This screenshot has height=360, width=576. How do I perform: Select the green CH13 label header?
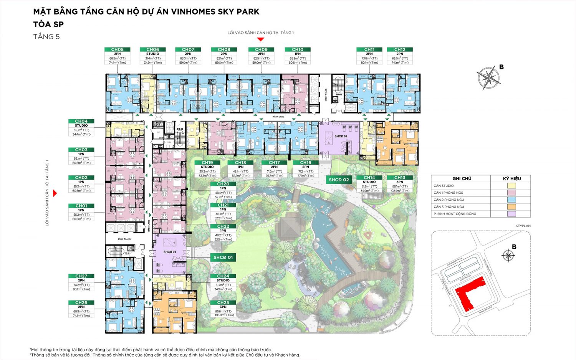pyautogui.click(x=399, y=178)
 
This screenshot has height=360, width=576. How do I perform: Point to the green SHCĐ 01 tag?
pyautogui.click(x=223, y=257)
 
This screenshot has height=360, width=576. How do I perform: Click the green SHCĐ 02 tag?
pyautogui.click(x=339, y=180)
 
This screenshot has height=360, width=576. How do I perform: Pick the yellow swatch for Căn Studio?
pyautogui.click(x=511, y=186)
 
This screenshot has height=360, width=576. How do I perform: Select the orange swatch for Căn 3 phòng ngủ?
pyautogui.click(x=511, y=207)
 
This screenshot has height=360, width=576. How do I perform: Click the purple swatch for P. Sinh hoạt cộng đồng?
pyautogui.click(x=511, y=214)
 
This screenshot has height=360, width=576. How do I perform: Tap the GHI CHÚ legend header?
pyautogui.click(x=462, y=178)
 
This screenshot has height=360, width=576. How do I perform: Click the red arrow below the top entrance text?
pyautogui.click(x=260, y=39)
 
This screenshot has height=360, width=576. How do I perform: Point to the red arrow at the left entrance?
pyautogui.click(x=55, y=193)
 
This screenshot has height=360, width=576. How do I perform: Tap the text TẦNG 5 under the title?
pyautogui.click(x=46, y=37)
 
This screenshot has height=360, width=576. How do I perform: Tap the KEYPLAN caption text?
pyautogui.click(x=523, y=226)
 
